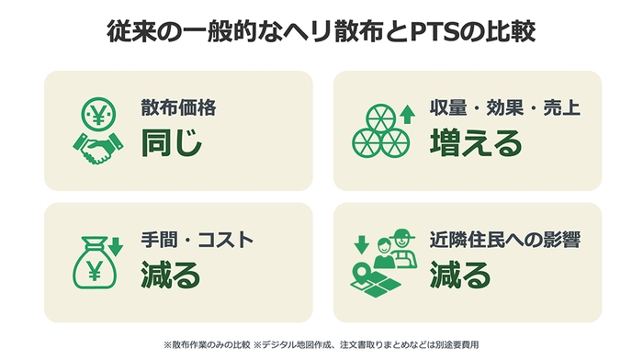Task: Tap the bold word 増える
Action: click(476, 142)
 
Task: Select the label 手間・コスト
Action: click(197, 240)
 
